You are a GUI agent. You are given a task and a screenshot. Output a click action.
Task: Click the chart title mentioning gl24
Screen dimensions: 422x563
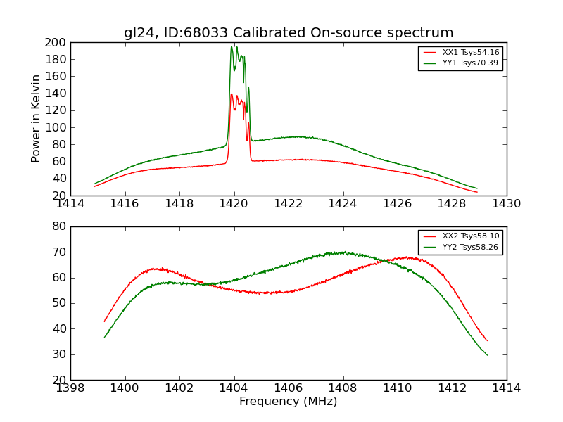[289, 33]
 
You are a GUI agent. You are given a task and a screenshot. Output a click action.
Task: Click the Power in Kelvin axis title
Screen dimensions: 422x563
[36, 119]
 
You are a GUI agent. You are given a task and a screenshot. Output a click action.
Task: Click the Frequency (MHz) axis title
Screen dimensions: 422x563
[289, 402]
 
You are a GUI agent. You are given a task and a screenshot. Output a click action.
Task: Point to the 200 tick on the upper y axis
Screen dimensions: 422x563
[56, 42]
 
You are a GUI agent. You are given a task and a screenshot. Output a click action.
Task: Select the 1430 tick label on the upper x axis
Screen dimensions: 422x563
[506, 204]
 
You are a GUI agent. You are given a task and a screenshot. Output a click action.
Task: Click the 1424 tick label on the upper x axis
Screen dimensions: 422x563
[343, 204]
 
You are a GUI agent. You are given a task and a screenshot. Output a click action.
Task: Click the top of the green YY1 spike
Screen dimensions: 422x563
[232, 46]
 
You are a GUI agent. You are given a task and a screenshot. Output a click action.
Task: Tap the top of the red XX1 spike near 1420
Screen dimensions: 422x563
[232, 94]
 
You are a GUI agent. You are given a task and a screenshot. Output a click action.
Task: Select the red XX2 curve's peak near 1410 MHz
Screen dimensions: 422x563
[406, 257]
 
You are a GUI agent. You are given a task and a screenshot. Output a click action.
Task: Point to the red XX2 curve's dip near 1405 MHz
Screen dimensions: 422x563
[269, 293]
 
